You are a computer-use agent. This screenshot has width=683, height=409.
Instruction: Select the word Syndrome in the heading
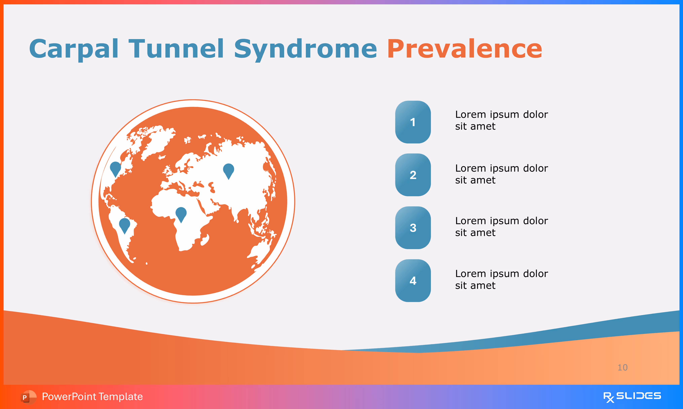click(x=305, y=50)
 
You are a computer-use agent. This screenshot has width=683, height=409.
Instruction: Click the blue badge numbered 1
click(x=413, y=122)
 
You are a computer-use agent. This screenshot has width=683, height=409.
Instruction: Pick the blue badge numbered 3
click(x=413, y=228)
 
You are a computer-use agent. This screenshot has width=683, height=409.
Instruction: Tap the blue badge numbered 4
click(x=413, y=281)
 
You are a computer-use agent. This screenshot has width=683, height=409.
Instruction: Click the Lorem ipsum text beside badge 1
click(x=501, y=120)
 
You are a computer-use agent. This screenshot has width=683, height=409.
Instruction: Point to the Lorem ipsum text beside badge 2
click(x=501, y=174)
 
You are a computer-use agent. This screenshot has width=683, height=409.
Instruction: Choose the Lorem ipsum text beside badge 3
click(x=501, y=227)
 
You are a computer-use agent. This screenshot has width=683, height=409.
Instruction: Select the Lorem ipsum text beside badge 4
click(x=501, y=279)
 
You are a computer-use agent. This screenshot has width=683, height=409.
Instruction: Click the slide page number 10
click(x=622, y=367)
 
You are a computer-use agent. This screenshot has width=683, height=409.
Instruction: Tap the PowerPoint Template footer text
click(x=92, y=397)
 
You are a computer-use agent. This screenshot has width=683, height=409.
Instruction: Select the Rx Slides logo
click(x=632, y=397)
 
